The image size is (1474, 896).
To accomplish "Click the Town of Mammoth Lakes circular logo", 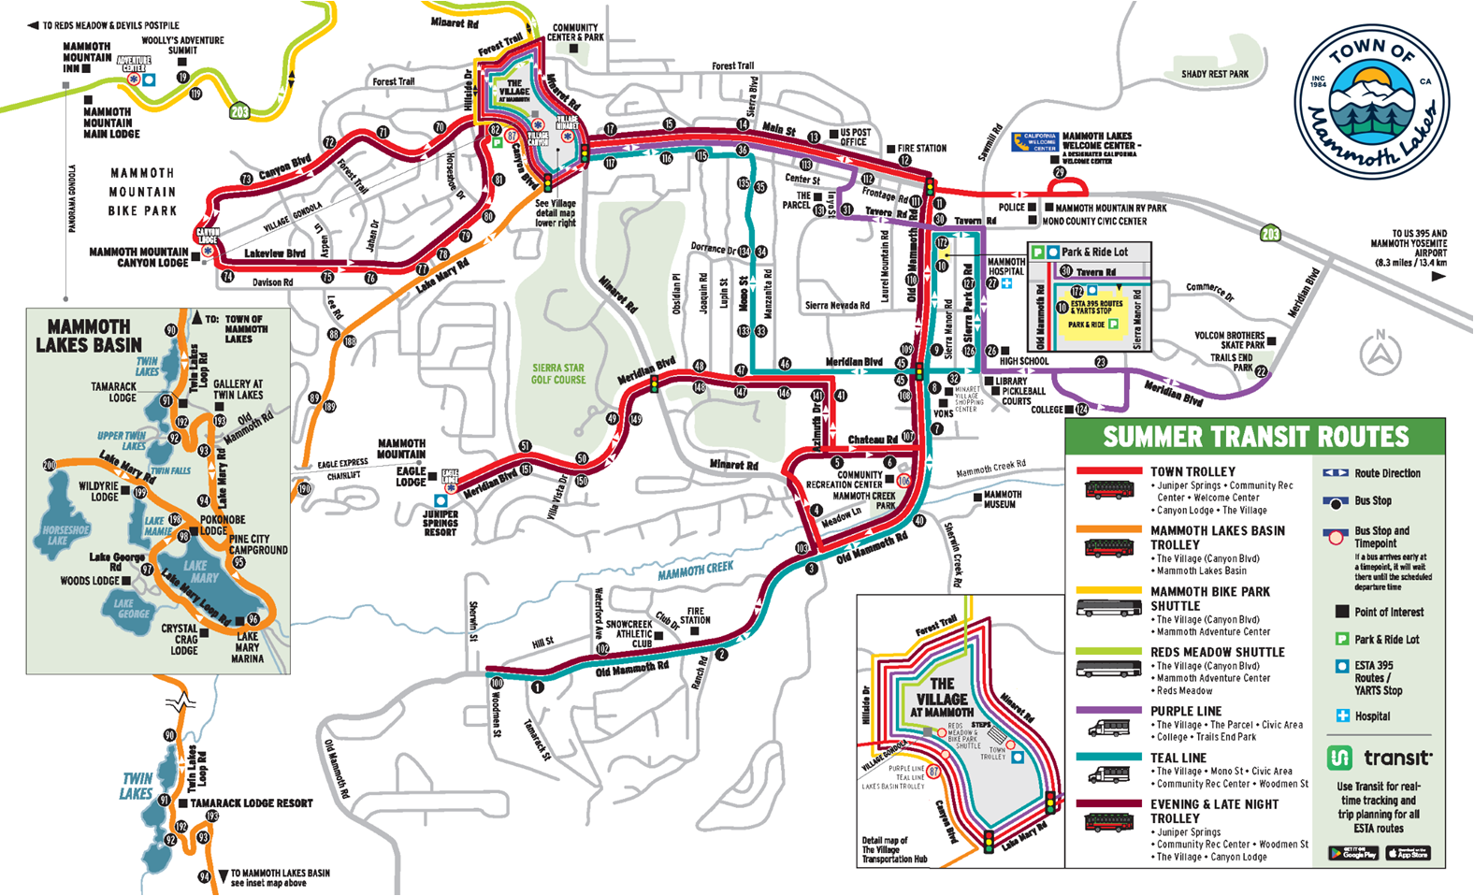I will [1371, 102].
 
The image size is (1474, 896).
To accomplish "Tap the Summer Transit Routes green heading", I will [1255, 437].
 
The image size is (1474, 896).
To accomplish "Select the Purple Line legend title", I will [1186, 711].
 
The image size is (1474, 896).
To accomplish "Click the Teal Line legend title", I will [1178, 758].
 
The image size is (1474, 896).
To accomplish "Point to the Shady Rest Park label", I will [1214, 74].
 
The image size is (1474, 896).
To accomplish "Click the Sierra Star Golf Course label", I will [558, 374].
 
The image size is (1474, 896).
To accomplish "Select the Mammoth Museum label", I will [1002, 499].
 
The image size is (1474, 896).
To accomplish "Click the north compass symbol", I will [1380, 353].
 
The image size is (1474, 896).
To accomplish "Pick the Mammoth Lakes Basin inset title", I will [89, 336].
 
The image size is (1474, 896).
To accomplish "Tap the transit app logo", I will [1379, 758].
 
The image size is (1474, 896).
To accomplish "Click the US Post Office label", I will [855, 137].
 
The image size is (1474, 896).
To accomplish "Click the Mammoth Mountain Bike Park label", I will [142, 192].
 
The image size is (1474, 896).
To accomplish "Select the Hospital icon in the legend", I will [1343, 715].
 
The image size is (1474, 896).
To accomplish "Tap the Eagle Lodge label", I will [411, 476].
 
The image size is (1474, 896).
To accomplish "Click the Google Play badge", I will [1352, 853].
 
